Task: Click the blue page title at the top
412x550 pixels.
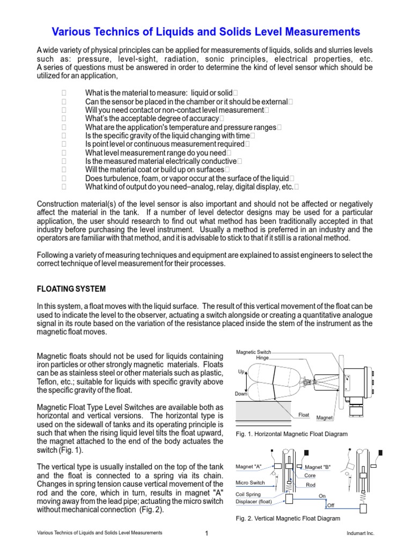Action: click(x=206, y=32)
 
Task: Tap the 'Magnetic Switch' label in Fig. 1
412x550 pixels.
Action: click(x=253, y=352)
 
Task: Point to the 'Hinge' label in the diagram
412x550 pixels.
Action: click(x=262, y=358)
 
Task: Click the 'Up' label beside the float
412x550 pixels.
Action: click(x=241, y=372)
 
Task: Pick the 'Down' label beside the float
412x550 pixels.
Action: click(x=241, y=394)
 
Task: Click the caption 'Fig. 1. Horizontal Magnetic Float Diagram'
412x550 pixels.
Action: click(x=292, y=433)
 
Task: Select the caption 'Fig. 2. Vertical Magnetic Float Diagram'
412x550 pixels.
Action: click(x=288, y=518)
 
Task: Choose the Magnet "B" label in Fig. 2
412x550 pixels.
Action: click(x=318, y=467)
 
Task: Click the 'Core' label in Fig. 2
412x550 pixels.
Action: click(x=310, y=475)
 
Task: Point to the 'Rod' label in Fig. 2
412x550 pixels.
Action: click(x=310, y=485)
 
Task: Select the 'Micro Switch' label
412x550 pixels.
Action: click(x=251, y=483)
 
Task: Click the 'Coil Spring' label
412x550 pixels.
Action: click(x=248, y=494)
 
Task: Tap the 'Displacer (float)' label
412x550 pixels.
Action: click(x=254, y=502)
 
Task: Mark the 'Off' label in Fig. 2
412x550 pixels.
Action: click(x=330, y=505)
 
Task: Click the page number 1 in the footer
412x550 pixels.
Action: click(x=206, y=533)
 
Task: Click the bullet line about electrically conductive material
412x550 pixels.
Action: click(x=160, y=161)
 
